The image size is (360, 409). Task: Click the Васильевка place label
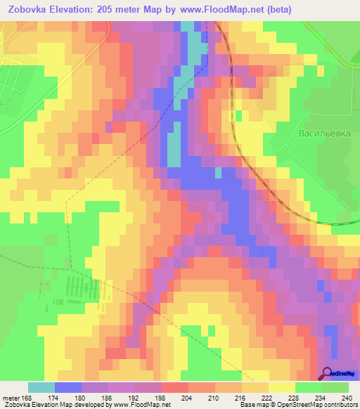(324, 133)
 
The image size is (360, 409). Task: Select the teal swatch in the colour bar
(41, 388)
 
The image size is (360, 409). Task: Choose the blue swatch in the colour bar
(68, 388)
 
